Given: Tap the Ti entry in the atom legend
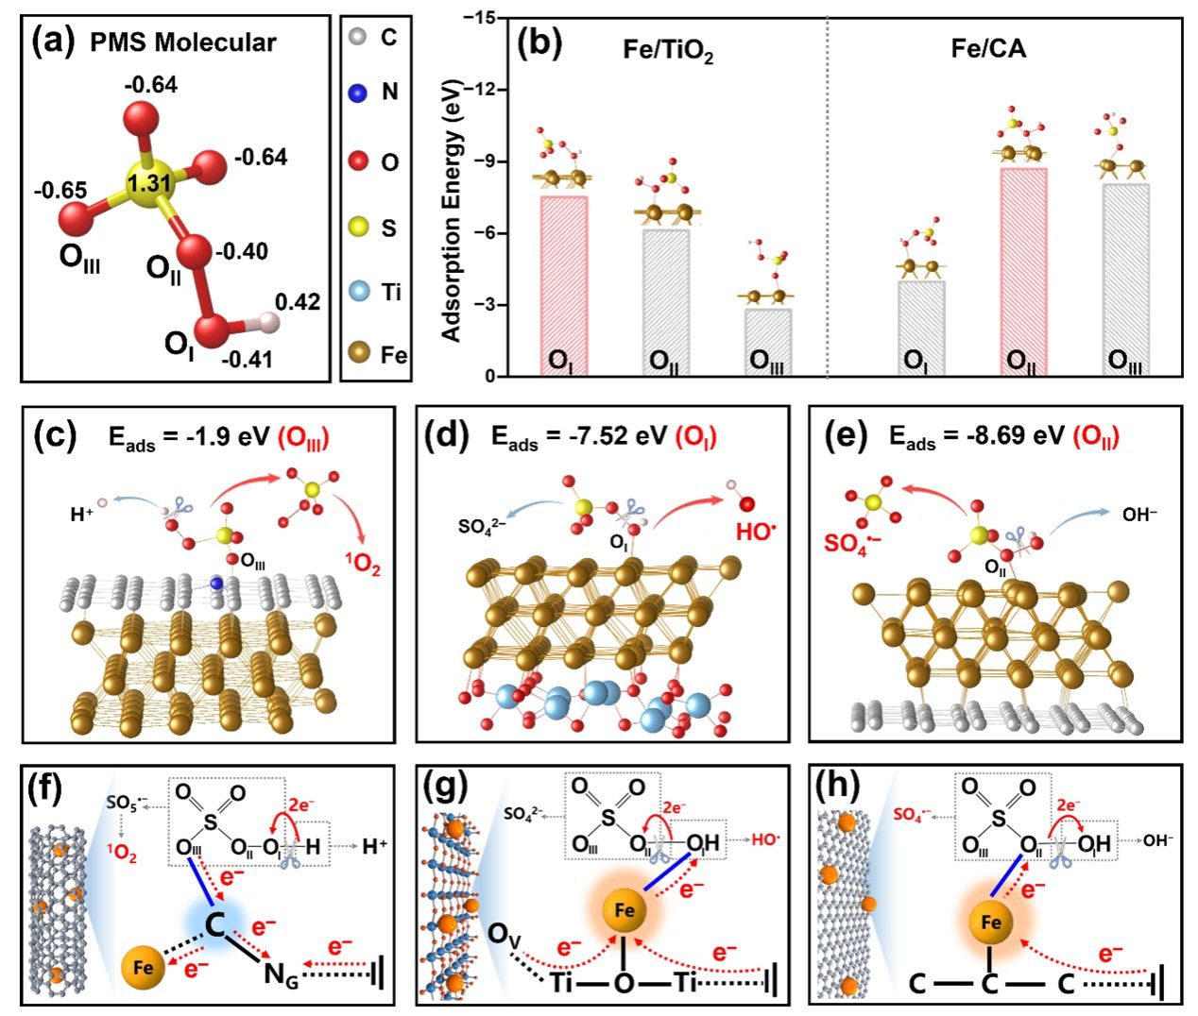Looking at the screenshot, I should tap(389, 292).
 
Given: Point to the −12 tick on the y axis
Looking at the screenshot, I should tap(488, 90).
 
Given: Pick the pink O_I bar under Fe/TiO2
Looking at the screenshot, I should tap(564, 285).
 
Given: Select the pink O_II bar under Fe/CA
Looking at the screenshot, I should tap(1023, 272).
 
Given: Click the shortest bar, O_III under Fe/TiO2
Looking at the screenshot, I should tap(767, 342).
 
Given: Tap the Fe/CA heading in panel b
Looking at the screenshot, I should tap(987, 48).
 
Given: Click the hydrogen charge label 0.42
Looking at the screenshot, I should tap(297, 302).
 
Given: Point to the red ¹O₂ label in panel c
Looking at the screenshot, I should tap(364, 567).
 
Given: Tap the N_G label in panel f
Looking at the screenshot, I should tap(280, 979).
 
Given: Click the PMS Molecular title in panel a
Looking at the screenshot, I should tap(183, 42).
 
